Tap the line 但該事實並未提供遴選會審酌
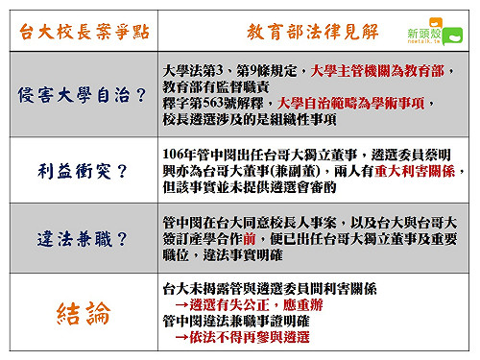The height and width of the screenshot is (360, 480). [253, 186]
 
